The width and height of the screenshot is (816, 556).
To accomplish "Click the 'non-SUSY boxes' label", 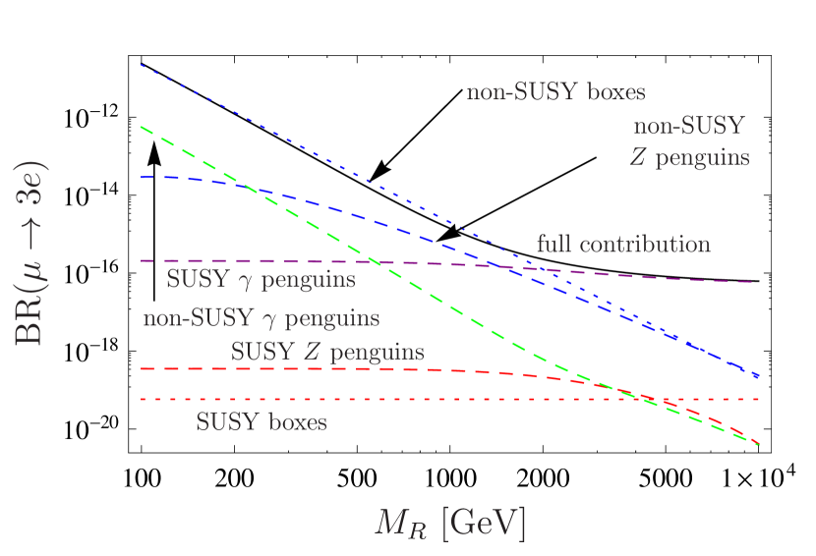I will (555, 93).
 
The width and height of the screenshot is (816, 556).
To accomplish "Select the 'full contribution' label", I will (623, 245).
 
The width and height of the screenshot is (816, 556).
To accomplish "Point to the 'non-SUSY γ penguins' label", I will (261, 319).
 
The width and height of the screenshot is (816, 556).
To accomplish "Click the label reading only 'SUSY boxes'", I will (261, 422).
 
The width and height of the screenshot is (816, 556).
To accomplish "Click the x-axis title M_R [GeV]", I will (450, 524).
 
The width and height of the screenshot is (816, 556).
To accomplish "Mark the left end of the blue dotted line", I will (142, 65).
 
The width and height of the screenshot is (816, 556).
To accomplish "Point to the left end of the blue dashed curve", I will (142, 177).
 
